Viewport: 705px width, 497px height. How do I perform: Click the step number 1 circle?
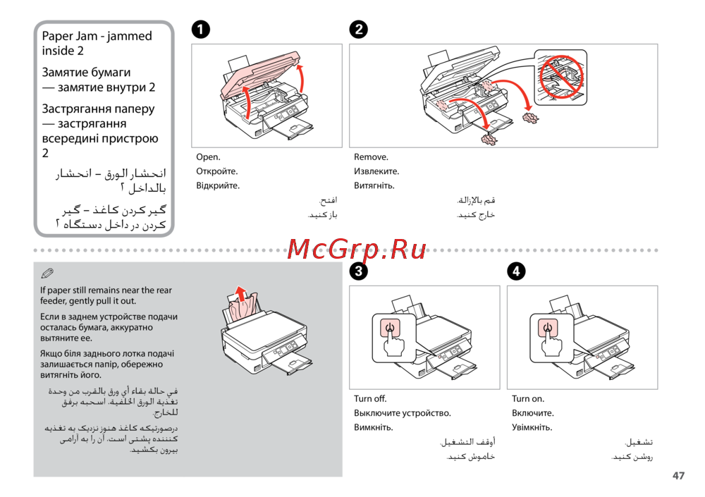pos(201,30)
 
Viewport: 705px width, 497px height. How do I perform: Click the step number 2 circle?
pos(359,30)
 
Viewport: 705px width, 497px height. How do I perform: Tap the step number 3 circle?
pos(359,271)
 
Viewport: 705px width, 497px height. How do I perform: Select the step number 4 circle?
pos(517,271)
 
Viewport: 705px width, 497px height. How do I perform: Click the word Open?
pos(208,157)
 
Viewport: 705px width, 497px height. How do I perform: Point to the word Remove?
pos(371,157)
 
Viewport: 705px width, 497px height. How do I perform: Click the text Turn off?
pos(370,399)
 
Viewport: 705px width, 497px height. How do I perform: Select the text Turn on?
pos(528,399)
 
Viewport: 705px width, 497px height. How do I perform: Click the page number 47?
pos(678,476)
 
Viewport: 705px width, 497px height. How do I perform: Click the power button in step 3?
pos(389,327)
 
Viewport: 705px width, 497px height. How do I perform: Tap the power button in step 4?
pos(547,327)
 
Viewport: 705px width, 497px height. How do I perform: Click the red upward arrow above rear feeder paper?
pos(241,293)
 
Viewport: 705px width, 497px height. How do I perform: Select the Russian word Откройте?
pos(216,171)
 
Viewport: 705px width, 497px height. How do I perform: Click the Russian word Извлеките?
pos(376,171)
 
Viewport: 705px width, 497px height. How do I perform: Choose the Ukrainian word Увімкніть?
pos(532,427)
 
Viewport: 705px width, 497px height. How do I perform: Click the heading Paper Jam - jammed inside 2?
pos(97,43)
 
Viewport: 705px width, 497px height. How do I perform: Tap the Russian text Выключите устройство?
pos(402,413)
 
